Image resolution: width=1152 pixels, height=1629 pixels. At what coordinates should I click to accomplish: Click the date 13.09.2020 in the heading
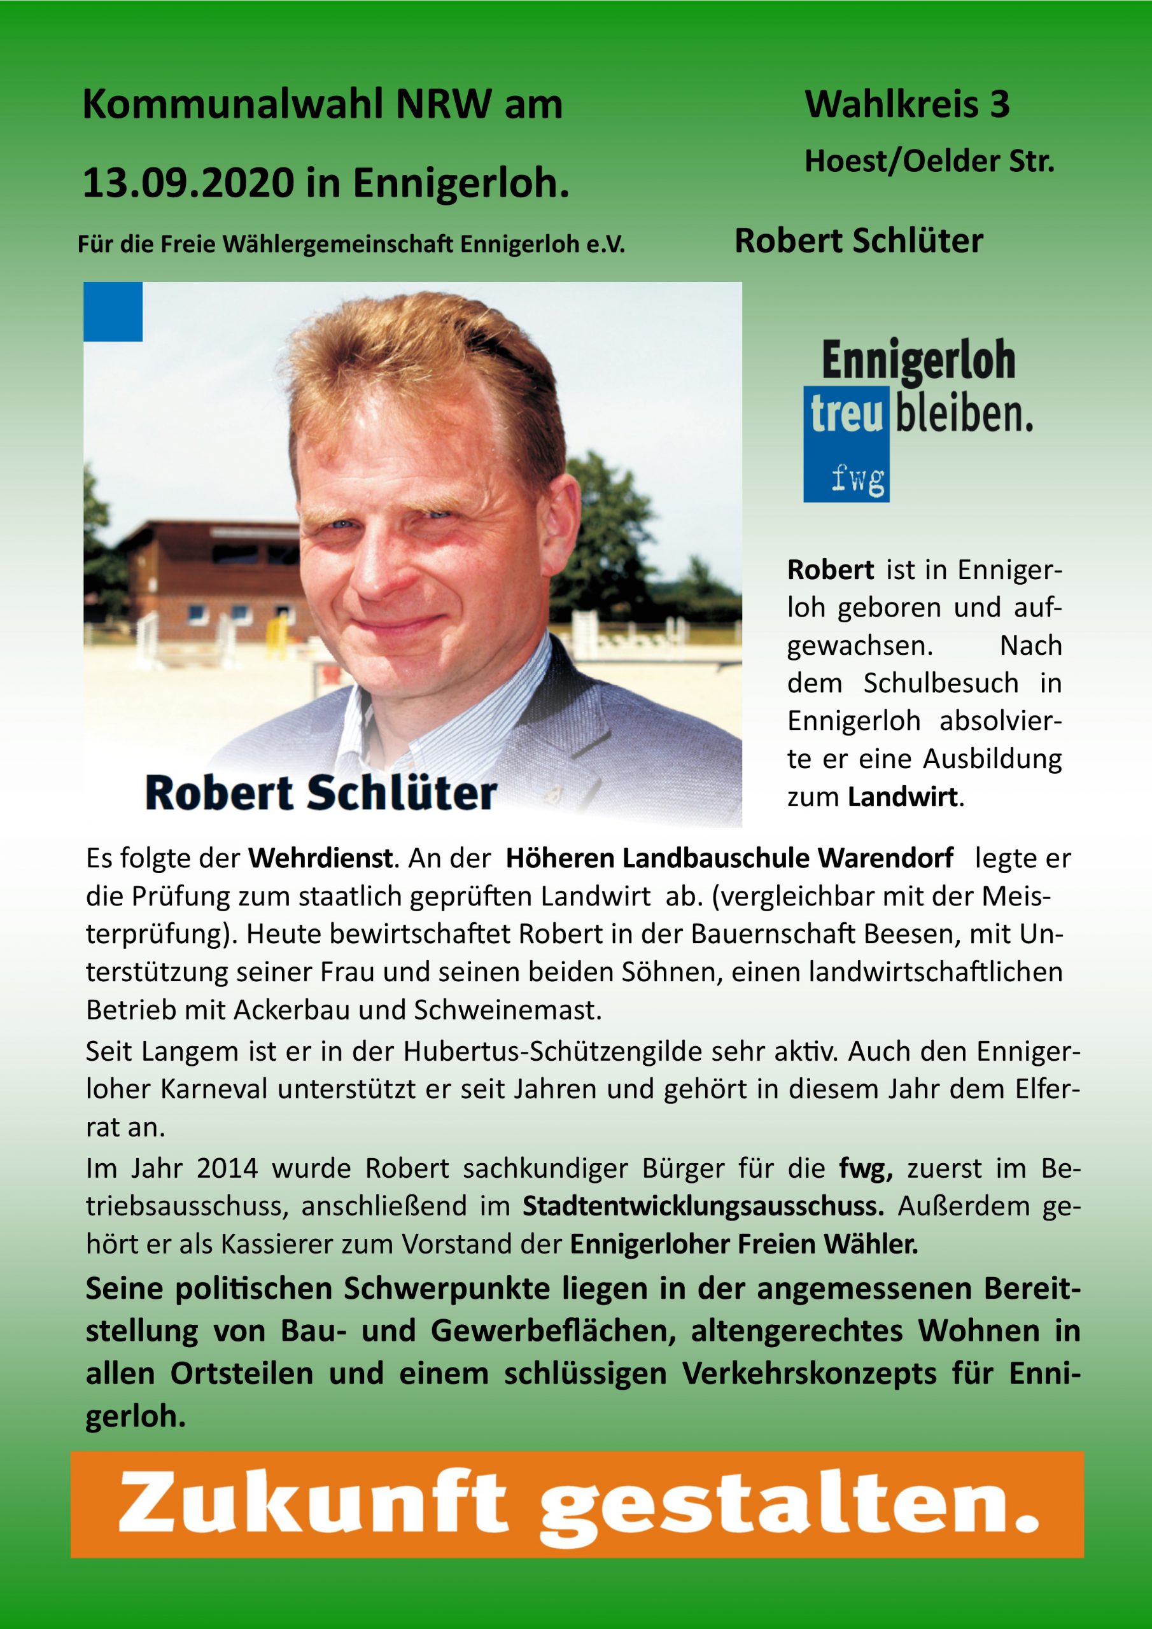(186, 183)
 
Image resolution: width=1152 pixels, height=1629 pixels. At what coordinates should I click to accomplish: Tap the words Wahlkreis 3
(906, 105)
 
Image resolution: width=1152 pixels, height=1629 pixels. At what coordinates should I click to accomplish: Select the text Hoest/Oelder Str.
(929, 162)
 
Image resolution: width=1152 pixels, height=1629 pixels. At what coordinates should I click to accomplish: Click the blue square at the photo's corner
(113, 311)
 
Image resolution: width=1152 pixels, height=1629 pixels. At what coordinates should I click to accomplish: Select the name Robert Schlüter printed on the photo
(321, 794)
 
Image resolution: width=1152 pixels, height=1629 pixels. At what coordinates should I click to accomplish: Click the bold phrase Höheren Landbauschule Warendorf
(729, 859)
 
